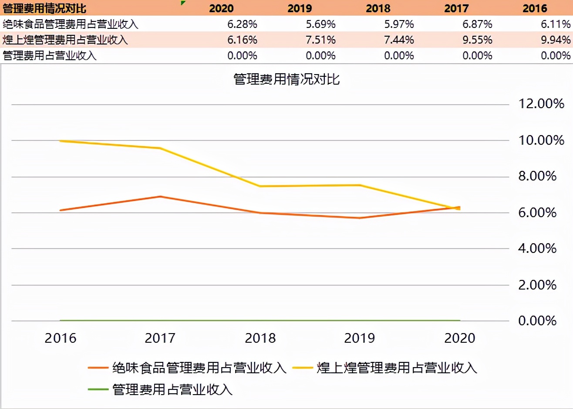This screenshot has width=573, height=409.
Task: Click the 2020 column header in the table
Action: point(221,8)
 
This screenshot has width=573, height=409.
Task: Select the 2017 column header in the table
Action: point(456,8)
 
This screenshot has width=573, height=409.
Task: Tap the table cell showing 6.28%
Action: point(242,24)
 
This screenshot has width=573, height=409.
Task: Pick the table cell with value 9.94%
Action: point(556,40)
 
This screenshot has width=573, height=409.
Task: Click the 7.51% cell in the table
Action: point(320,40)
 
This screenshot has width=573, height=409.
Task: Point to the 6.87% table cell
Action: point(477,24)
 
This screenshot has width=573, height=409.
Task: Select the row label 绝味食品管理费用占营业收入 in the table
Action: point(71,24)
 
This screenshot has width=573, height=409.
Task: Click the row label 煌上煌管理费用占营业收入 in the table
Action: point(65,40)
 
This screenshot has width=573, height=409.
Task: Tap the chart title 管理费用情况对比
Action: point(286,79)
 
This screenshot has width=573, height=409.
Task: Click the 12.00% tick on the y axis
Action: point(541,104)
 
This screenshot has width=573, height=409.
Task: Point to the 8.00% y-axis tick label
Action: point(537,176)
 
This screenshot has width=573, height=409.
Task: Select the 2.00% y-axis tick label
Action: point(537,285)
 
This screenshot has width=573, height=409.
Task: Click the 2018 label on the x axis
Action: point(260,338)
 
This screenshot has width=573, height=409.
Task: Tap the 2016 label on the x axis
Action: point(61,338)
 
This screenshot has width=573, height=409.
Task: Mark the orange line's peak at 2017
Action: point(160,197)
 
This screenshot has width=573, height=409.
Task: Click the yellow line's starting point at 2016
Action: point(61,141)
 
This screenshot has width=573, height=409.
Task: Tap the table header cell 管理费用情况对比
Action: point(44,8)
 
